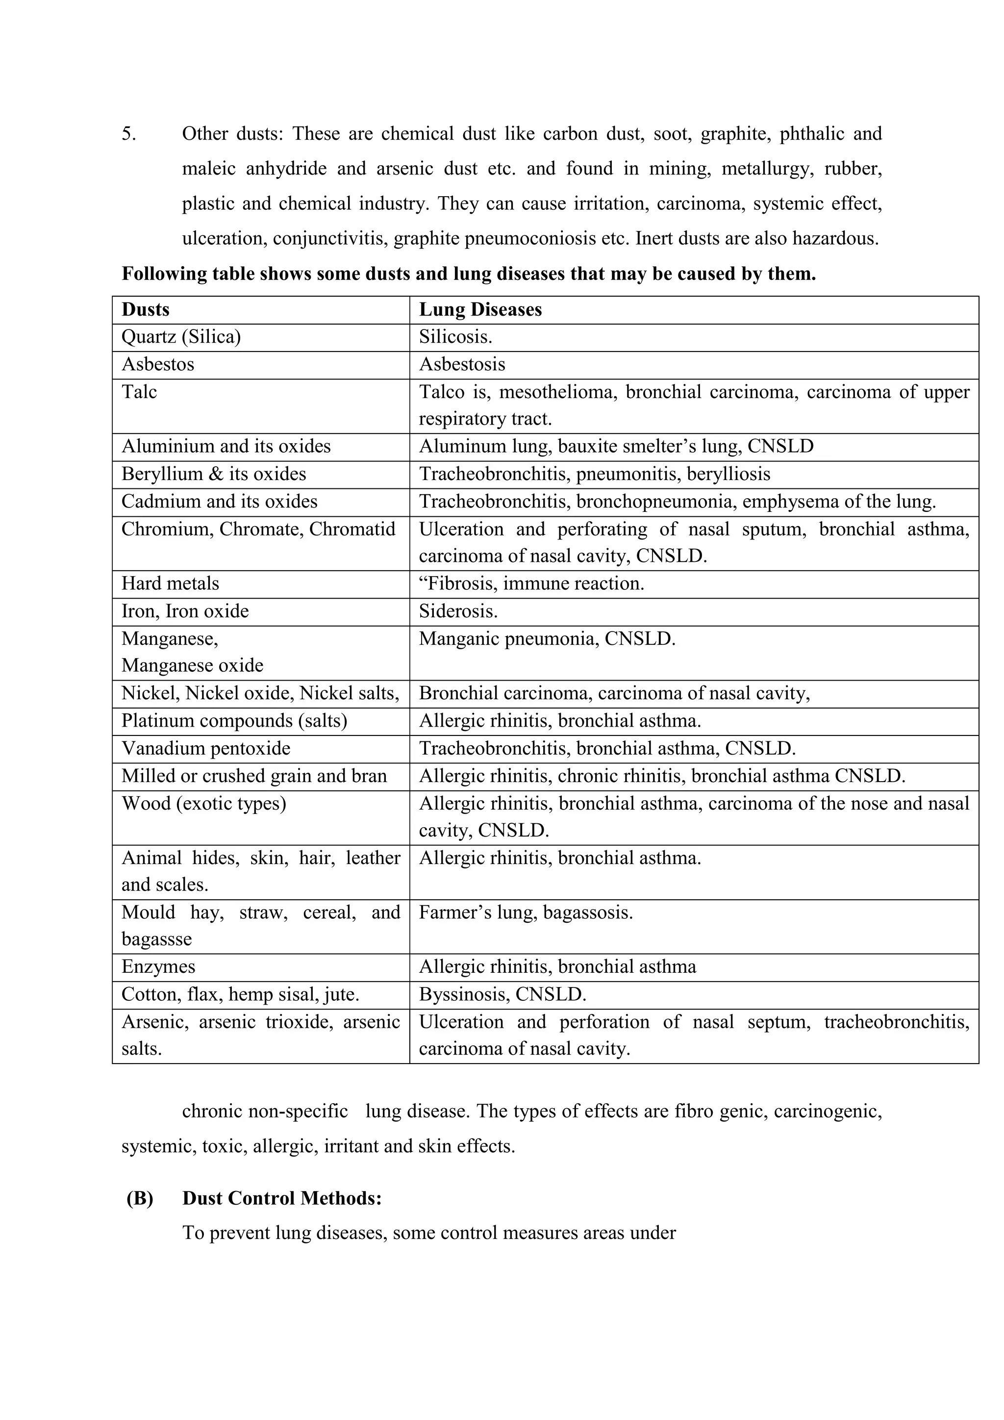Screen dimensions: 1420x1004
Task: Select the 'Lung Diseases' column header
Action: tap(480, 309)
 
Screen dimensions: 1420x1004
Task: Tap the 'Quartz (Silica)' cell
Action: tap(181, 337)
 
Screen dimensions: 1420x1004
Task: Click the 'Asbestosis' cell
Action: tap(462, 364)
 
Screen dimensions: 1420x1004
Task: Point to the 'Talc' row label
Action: tap(139, 392)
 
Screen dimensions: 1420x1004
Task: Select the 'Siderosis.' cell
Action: tap(458, 611)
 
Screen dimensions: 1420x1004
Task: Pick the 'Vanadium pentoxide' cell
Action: tap(206, 749)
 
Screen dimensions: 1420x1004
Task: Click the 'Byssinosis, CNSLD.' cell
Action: tap(502, 994)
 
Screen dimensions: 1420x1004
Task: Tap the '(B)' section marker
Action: tap(140, 1198)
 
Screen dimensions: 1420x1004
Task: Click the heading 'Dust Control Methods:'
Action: tap(282, 1198)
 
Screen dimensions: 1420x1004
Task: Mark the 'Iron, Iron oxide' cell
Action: tap(185, 611)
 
